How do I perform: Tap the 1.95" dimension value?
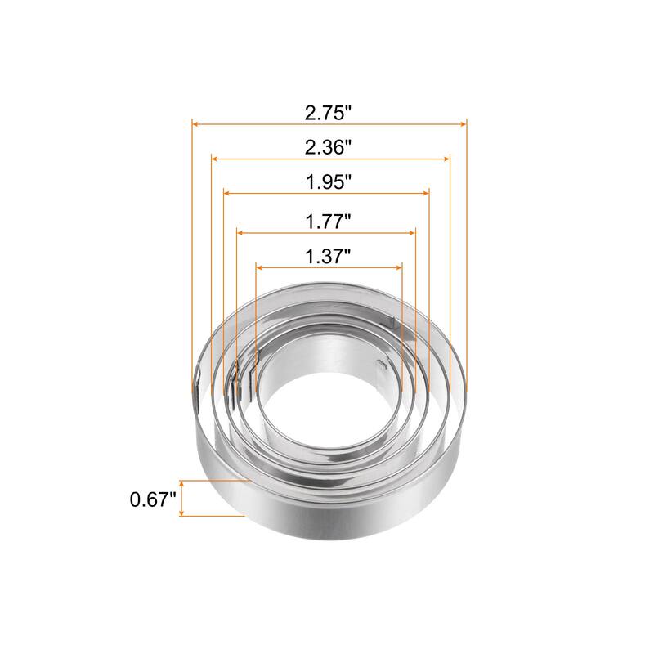point(328,182)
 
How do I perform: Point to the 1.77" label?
point(328,221)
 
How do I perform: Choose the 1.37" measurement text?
point(328,255)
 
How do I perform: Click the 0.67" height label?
point(153,499)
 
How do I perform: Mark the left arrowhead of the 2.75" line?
point(196,123)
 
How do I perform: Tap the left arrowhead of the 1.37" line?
point(260,266)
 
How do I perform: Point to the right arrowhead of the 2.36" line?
point(446,158)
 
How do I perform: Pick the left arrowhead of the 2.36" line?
point(215,158)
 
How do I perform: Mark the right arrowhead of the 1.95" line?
point(426,193)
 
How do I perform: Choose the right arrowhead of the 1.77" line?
point(412,232)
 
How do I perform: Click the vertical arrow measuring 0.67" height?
point(182,499)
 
